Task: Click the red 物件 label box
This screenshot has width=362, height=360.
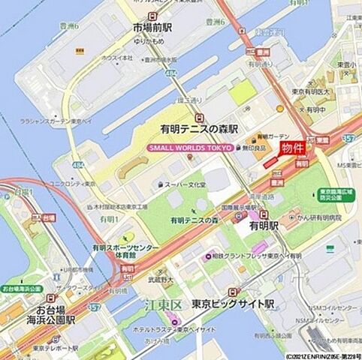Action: tap(293, 148)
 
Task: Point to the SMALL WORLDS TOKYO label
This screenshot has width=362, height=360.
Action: tap(190, 148)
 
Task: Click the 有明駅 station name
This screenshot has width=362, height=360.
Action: tap(264, 225)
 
